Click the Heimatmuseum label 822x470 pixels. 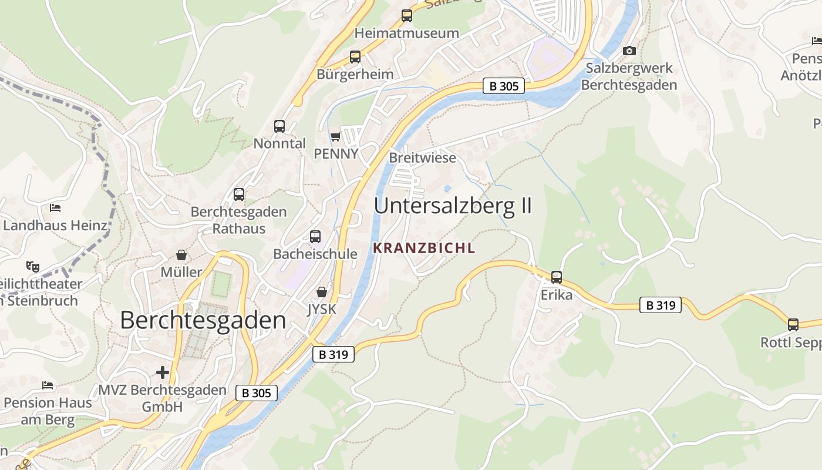pos(407,33)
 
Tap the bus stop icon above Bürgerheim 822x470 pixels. pos(355,57)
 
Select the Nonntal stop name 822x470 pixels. pos(279,143)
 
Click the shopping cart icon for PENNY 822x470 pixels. pos(335,136)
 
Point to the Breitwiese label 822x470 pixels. pos(422,158)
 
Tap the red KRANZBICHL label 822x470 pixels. pos(424,248)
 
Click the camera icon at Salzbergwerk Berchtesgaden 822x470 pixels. pos(629,51)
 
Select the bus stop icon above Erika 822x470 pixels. pos(556,277)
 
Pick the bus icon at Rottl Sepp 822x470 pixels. pos(793,325)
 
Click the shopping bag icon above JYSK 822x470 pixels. pos(322,291)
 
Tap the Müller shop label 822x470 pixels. pos(181,272)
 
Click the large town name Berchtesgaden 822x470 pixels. pos(203,321)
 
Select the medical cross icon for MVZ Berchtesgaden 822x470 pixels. pos(163,372)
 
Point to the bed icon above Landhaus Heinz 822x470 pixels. pos(55,207)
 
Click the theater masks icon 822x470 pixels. pos(32,267)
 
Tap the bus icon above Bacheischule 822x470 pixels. pos(315,237)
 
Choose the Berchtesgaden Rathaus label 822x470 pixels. pos(239,220)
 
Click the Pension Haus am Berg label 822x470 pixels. pos(48,411)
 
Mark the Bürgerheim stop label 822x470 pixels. pos(355,75)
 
